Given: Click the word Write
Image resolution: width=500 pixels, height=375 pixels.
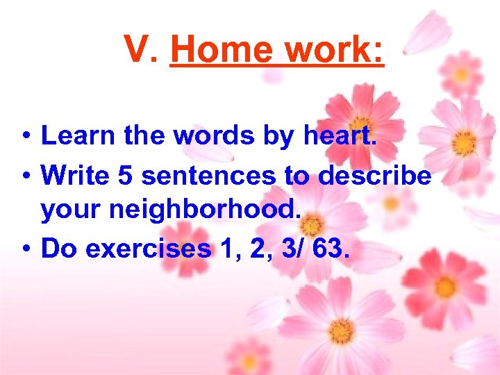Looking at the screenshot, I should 76,175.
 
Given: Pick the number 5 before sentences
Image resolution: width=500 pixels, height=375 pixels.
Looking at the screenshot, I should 126,175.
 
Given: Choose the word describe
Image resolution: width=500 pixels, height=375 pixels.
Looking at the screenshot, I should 375,175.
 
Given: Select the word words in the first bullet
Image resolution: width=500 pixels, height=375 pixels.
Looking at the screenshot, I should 212,135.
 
